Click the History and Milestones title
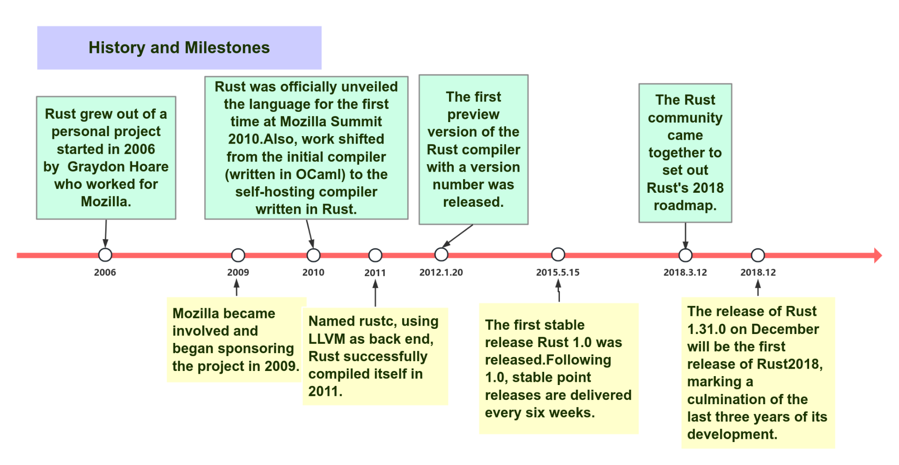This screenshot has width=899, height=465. pos(179,48)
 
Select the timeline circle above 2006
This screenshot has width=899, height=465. pos(105,255)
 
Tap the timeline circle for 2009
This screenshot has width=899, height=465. pos(238,255)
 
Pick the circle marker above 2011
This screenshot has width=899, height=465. pos(375,255)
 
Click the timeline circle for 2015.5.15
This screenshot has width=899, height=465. pos(558,254)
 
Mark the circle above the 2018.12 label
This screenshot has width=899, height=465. pos(758,255)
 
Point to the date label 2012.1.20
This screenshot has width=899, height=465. pos(441,272)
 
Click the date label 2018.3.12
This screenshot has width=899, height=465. pos(685,272)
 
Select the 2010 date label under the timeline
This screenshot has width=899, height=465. pos(313,272)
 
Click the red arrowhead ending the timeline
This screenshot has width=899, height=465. pos(877,255)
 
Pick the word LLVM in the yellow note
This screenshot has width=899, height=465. pos(326,339)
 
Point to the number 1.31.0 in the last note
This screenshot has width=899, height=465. pos(707,329)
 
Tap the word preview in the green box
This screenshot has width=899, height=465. pos(473,115)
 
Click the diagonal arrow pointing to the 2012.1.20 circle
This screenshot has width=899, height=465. pos(457,235)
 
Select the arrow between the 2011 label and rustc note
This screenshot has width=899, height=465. pos(375,293)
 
